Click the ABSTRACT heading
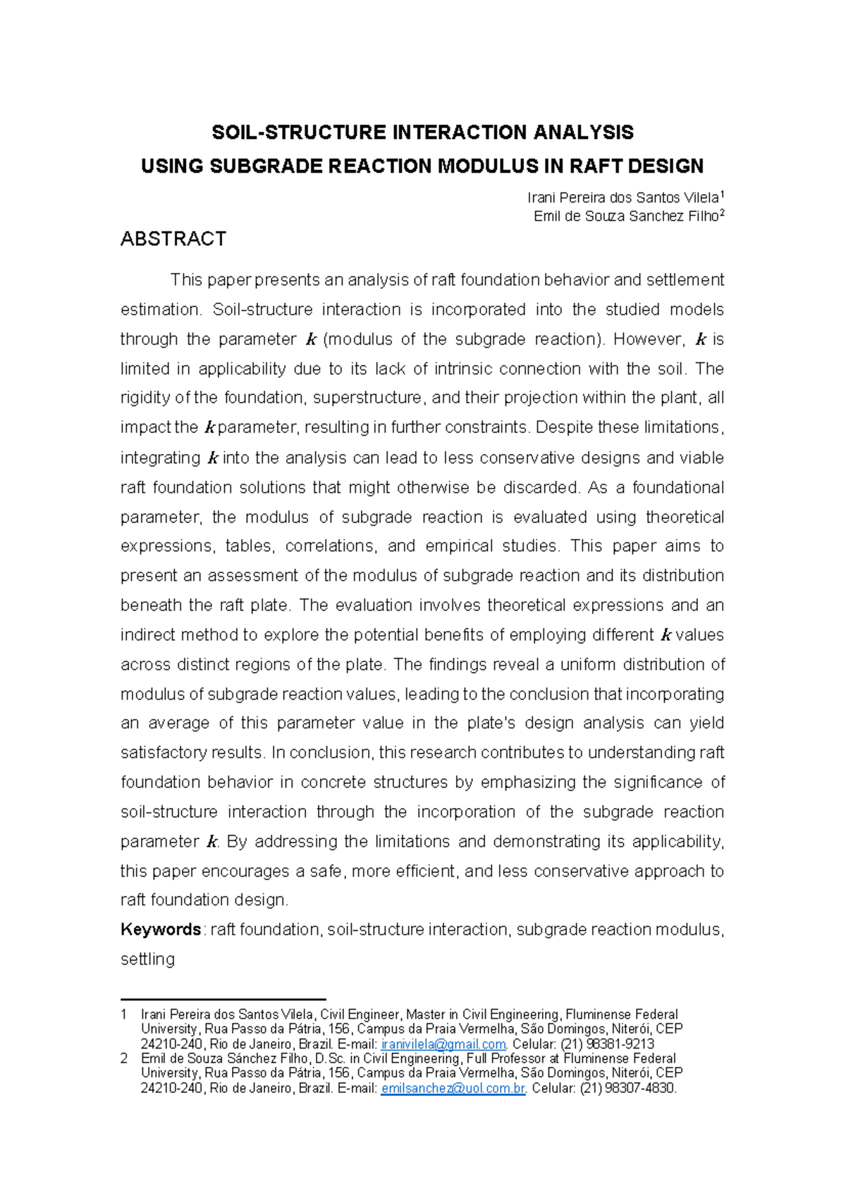pos(173,239)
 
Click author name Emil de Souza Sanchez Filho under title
pos(626,216)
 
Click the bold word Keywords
pos(161,929)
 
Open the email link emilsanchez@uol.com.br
pos(453,1089)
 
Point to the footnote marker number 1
pos(124,1015)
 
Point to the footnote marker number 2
pos(124,1059)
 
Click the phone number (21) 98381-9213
pos(607,1044)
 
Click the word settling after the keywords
pos(147,959)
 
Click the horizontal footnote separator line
pos(223,999)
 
